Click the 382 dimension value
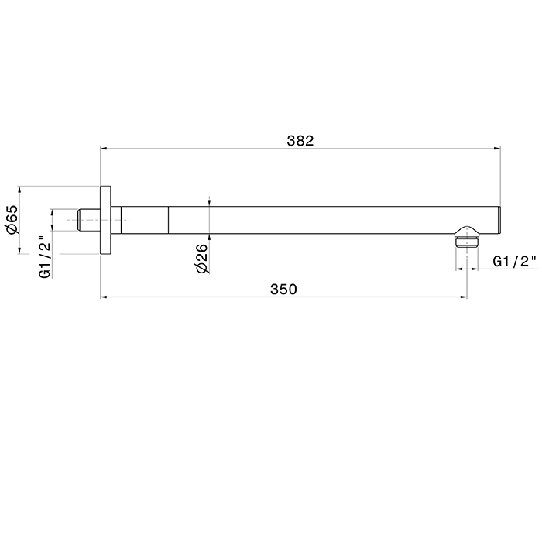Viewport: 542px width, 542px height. [300, 141]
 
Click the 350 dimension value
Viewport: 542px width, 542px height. [283, 290]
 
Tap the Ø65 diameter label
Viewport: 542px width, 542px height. [12, 219]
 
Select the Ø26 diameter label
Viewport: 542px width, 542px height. [201, 258]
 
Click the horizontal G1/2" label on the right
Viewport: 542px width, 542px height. [515, 262]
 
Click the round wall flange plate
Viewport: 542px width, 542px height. [106, 220]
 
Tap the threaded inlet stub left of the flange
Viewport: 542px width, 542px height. [89, 220]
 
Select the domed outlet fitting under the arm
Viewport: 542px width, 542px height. [467, 237]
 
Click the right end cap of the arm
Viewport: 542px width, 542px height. [499, 220]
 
